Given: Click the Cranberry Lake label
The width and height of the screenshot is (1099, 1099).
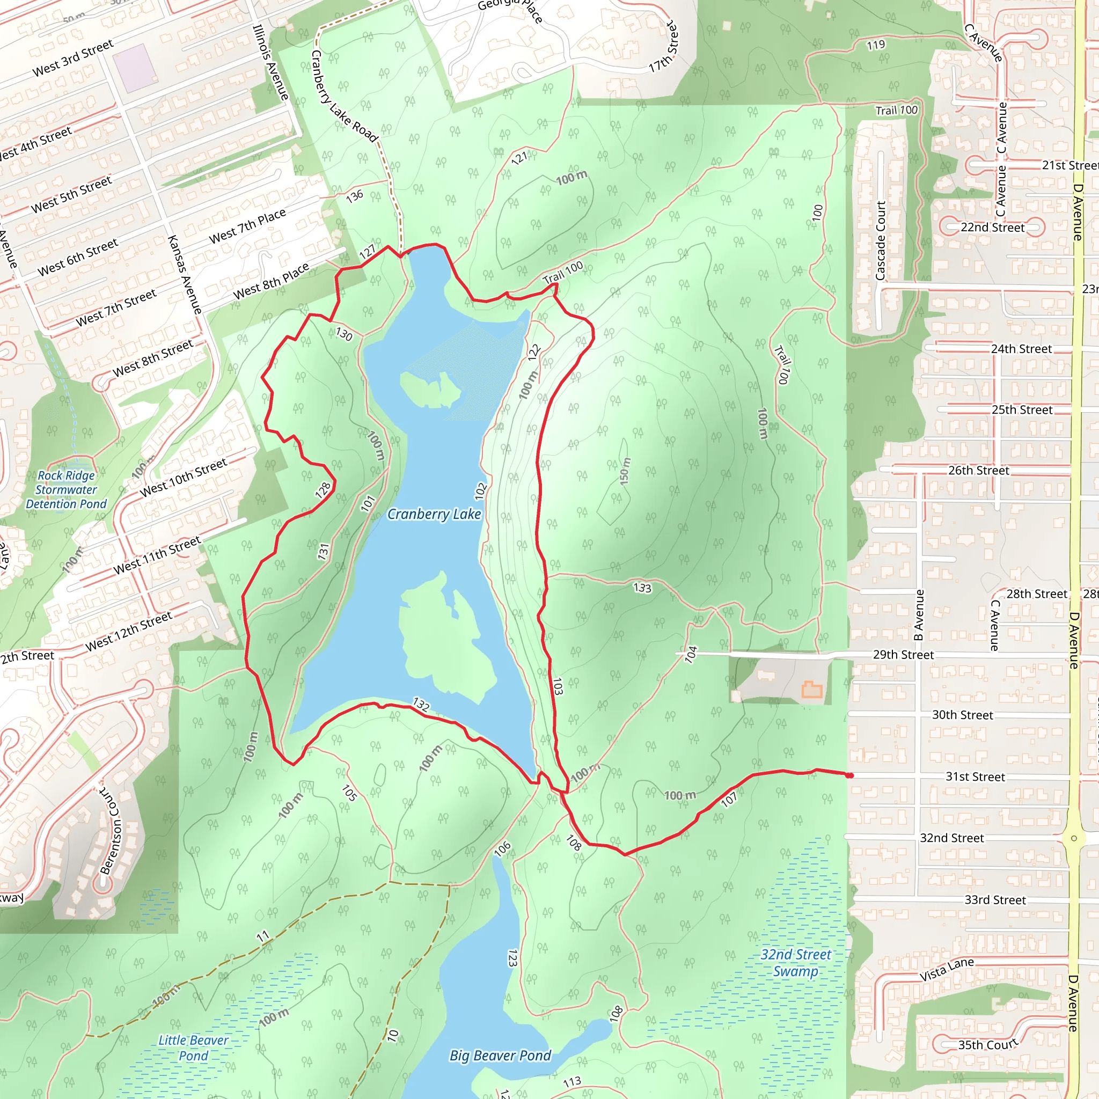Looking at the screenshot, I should click(x=434, y=514).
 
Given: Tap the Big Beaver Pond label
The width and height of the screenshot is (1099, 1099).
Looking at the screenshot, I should click(x=500, y=1056).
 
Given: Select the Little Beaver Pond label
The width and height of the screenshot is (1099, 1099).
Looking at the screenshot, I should click(x=193, y=1048).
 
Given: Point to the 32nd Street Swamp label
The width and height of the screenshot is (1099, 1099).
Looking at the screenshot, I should click(x=796, y=963).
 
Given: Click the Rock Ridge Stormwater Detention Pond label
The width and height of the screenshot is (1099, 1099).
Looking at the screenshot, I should click(x=67, y=490).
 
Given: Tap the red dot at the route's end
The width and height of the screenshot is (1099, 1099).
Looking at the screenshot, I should click(x=850, y=775).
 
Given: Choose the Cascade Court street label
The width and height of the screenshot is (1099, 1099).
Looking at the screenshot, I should click(x=881, y=240).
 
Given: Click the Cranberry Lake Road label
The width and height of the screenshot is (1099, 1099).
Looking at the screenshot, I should click(x=344, y=96).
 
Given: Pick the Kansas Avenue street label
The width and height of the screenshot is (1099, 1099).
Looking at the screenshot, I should click(x=185, y=275).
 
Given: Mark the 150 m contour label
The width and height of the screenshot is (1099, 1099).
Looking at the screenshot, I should click(x=625, y=471).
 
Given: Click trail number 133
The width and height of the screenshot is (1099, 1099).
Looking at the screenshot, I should click(x=642, y=588).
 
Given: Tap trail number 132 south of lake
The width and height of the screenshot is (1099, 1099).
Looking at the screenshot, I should click(x=421, y=705).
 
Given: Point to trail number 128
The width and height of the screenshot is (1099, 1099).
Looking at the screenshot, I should click(x=323, y=490).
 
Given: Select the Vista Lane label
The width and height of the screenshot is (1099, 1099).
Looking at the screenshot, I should click(x=947, y=969).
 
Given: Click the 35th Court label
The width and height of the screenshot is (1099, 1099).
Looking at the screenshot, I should click(x=987, y=1045).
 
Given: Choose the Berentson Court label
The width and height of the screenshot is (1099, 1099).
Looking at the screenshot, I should click(x=111, y=831).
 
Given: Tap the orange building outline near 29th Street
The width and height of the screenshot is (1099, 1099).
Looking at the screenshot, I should click(x=812, y=690).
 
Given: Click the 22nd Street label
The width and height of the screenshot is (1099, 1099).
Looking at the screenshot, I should click(x=993, y=228).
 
